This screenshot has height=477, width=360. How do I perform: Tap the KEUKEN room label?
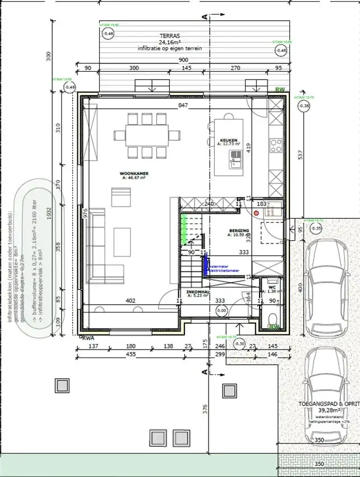[229, 140]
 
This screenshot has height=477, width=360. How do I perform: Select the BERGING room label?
[238, 231]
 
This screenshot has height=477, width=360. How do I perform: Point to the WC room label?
[272, 287]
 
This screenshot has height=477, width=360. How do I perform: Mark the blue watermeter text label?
[222, 267]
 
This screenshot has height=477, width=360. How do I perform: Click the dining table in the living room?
[148, 135]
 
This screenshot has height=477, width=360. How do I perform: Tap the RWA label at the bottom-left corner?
[88, 337]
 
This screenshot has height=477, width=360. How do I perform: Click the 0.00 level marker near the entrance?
[221, 310]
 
